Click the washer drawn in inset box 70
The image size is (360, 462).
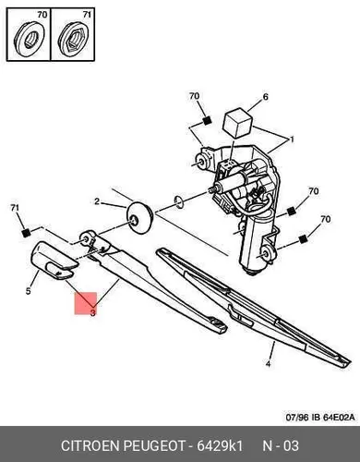pos(30,40)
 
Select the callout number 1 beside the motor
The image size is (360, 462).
pos(292,140)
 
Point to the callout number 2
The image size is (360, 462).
pos(97,201)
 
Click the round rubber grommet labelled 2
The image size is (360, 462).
pos(140,218)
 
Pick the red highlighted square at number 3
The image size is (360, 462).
pos(86,303)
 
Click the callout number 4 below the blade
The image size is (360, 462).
pos(269,364)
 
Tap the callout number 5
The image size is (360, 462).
pos(29,291)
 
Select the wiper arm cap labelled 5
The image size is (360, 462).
pos(54,261)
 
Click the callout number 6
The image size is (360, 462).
pos(266,97)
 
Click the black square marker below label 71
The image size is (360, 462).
pos(27,233)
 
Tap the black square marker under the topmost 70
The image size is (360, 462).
pos(207,121)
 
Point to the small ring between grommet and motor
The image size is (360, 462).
pos(179,201)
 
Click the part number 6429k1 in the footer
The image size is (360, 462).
pos(220,446)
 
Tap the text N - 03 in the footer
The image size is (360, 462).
pos(281,446)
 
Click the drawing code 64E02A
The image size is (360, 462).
pos(338,418)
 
